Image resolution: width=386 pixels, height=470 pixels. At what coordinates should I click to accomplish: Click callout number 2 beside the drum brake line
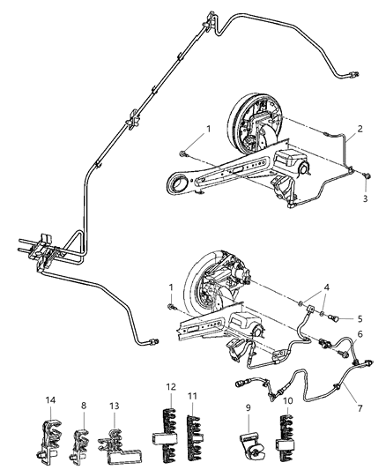360,135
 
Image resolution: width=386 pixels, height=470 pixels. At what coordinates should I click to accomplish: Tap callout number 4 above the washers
327,287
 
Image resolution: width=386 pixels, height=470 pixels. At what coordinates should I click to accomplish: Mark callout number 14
49,402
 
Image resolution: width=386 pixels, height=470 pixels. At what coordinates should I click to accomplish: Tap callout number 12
170,388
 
